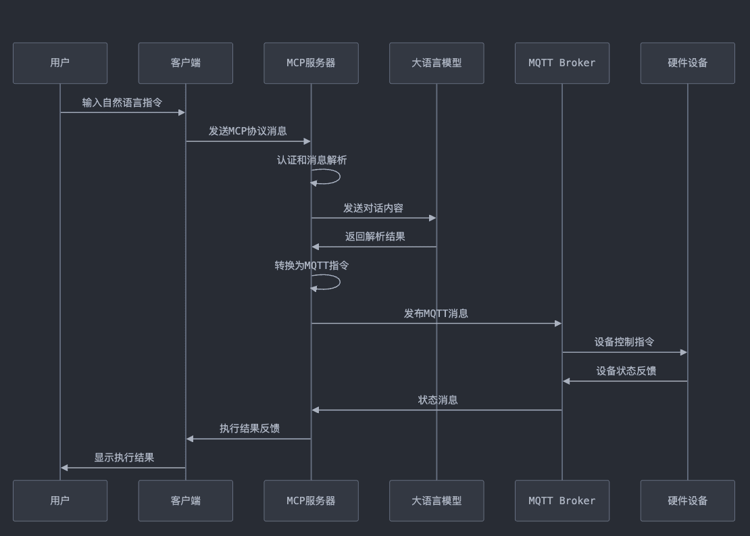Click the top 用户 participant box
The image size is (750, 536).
(60, 63)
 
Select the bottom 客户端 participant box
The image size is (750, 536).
(186, 501)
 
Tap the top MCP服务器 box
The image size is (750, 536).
(311, 63)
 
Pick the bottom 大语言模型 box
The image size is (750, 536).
(436, 501)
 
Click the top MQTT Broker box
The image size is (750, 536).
(562, 63)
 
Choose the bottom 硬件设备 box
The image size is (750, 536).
(688, 501)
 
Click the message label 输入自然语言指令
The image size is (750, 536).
(122, 103)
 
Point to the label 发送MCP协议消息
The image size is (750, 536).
(248, 131)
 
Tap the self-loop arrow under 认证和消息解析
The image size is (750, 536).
(340, 176)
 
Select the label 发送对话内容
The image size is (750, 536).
(373, 208)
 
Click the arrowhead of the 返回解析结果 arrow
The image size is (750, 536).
(316, 247)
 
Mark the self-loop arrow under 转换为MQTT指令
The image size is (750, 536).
(340, 282)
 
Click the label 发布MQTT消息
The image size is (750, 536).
(436, 314)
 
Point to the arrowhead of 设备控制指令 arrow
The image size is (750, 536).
(684, 352)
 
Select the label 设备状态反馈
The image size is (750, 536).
(626, 371)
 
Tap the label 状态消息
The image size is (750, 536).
(438, 399)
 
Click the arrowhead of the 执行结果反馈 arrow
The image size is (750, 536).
(190, 439)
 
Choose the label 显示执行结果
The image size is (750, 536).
(124, 458)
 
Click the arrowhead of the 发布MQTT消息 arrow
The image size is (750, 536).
(557, 324)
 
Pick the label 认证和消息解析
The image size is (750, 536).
(312, 160)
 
